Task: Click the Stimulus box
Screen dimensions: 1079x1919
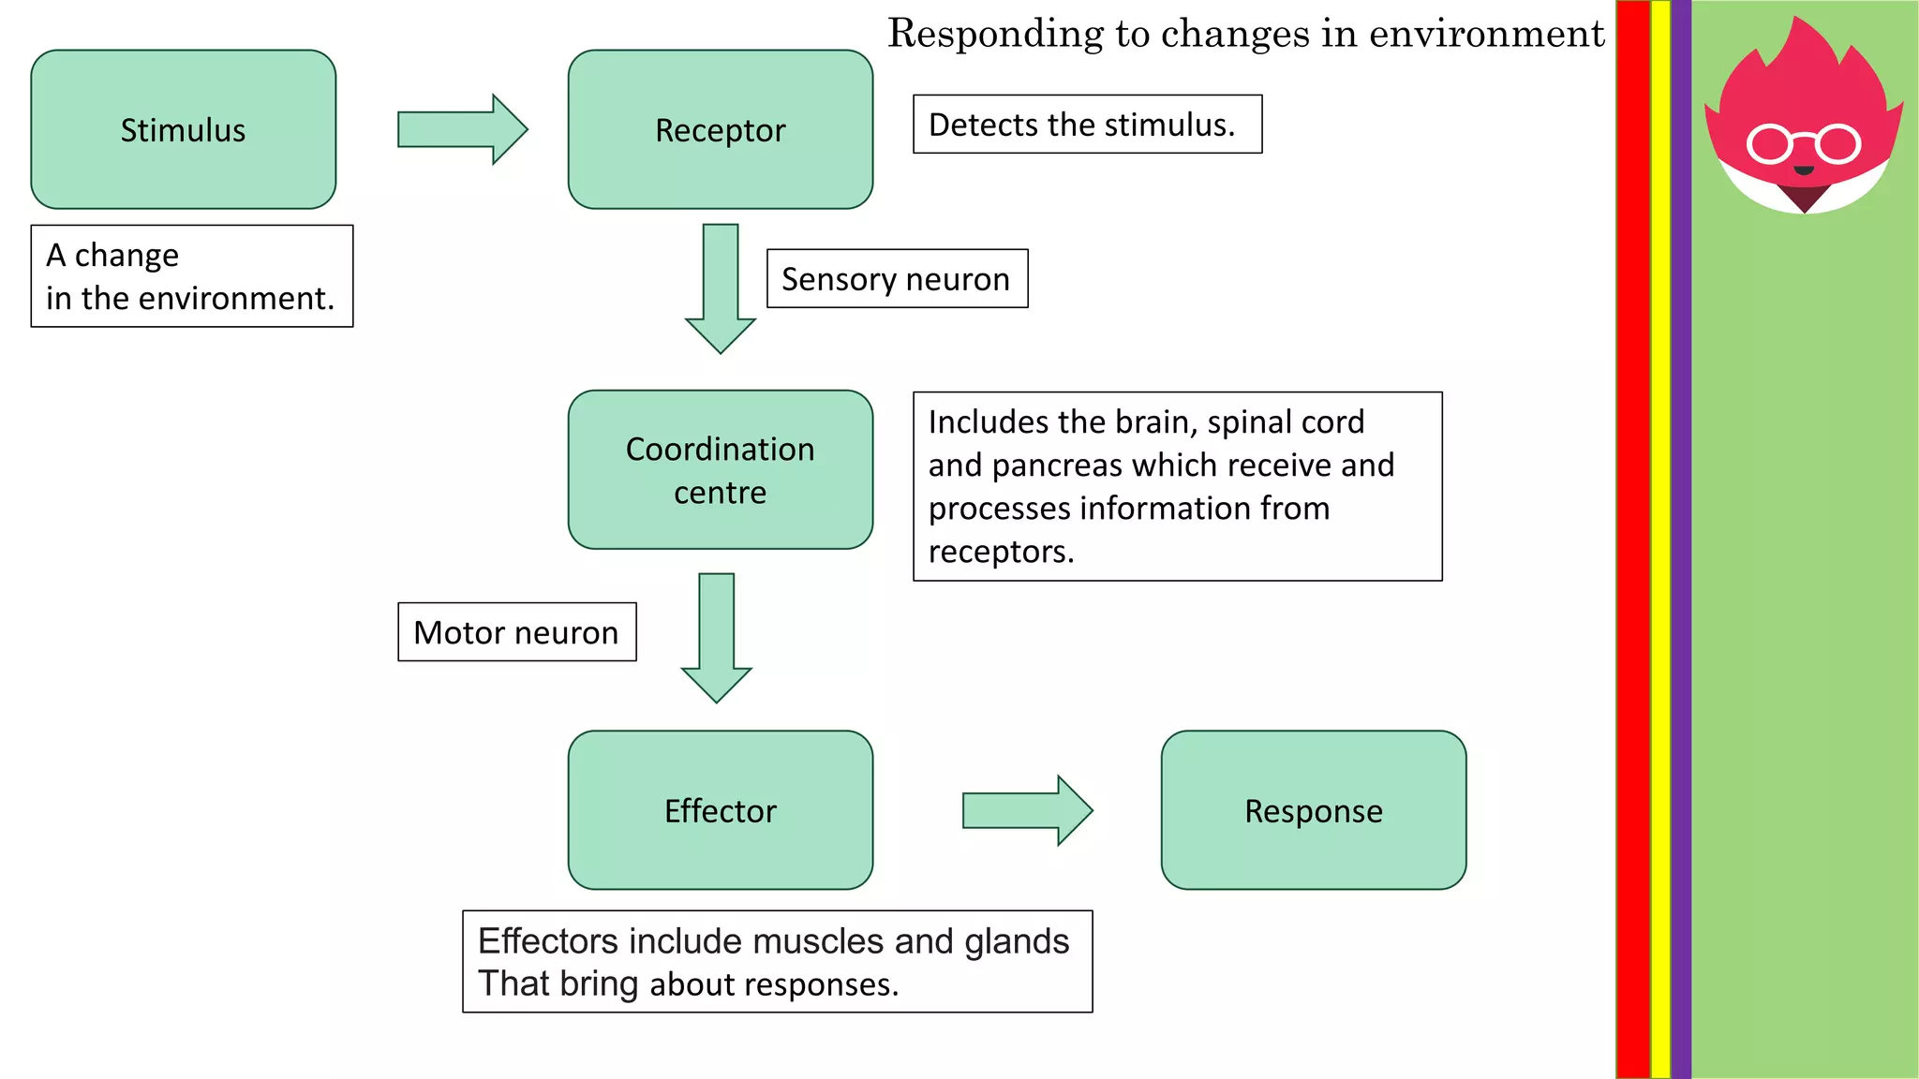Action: pos(183,129)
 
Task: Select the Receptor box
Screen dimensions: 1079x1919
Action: pos(720,129)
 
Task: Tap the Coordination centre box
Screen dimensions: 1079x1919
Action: pos(720,469)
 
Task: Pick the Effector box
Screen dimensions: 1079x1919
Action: pos(720,810)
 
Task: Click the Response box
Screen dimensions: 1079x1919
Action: pos(1313,810)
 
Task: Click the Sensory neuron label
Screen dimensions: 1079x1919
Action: pos(897,279)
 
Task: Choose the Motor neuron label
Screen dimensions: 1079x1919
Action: pos(516,632)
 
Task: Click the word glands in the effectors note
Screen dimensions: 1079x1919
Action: pos(1016,941)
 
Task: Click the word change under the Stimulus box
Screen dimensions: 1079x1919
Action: pos(126,256)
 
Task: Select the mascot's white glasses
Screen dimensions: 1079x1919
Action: pos(1803,144)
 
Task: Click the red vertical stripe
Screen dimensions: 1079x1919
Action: pos(1632,539)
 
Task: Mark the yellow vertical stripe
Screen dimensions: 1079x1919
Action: pos(1660,539)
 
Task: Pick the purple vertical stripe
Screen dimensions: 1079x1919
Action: pos(1681,539)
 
